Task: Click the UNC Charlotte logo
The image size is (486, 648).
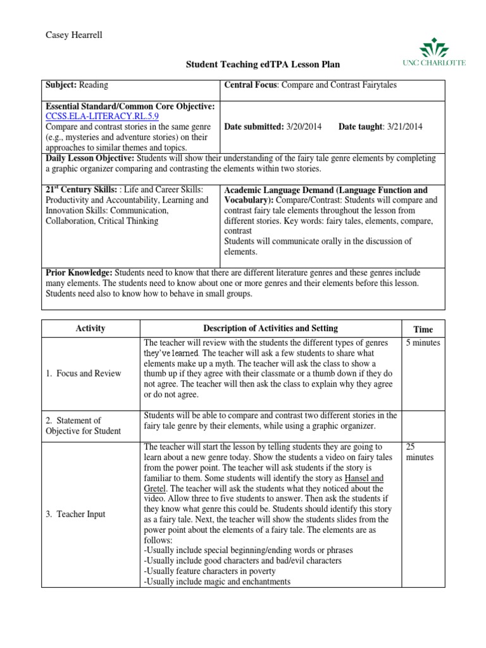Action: coord(433,53)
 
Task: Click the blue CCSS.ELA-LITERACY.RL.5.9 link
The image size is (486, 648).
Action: coord(102,117)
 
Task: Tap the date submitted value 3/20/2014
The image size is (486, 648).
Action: coord(302,127)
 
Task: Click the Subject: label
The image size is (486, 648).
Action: coord(61,85)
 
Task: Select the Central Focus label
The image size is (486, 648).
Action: coord(252,85)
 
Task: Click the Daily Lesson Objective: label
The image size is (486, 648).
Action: coord(89,158)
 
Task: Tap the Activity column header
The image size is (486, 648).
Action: coord(90,328)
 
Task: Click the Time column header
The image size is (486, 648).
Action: coord(423,329)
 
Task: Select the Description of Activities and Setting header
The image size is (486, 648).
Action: coord(270,328)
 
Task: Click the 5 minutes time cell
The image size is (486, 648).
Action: coord(423,343)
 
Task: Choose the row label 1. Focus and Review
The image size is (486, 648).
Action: coord(83,373)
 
